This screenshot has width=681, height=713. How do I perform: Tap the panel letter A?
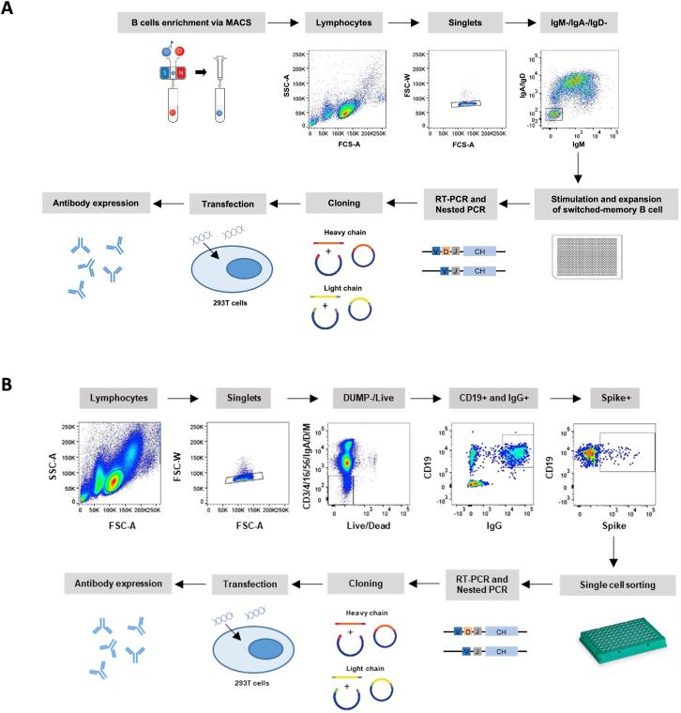click(x=8, y=9)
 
